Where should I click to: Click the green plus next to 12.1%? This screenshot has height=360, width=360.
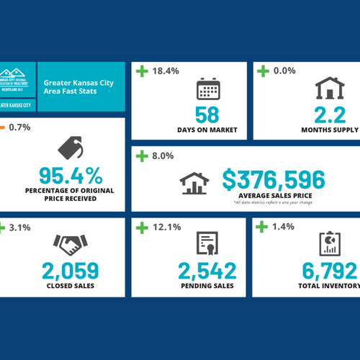tap(141, 228)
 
